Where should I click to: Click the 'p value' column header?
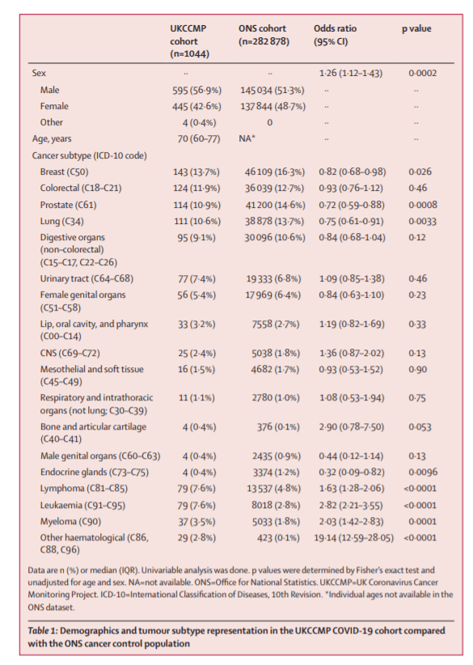click(x=416, y=29)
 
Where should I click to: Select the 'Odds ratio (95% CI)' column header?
click(x=335, y=36)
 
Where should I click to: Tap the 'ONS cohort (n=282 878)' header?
click(x=264, y=36)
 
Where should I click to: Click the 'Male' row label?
click(x=49, y=90)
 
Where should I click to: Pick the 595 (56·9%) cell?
click(x=196, y=91)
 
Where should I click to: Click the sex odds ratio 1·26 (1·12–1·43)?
click(x=351, y=74)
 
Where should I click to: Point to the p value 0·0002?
click(x=422, y=74)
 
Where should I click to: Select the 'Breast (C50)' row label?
click(x=64, y=172)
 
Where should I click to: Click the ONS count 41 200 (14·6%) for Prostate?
click(x=275, y=205)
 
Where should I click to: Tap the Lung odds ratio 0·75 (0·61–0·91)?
click(x=351, y=222)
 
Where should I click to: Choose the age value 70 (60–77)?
click(x=199, y=139)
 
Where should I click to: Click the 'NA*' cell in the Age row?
click(x=247, y=138)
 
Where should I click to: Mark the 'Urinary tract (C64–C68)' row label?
click(x=87, y=278)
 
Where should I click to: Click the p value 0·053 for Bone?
click(x=420, y=427)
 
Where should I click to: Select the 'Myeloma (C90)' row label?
click(x=70, y=521)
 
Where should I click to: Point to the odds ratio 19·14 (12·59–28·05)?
click(x=353, y=538)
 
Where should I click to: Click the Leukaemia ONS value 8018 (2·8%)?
click(x=276, y=505)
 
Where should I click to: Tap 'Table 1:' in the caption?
click(x=42, y=631)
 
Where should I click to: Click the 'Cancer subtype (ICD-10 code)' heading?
click(x=90, y=155)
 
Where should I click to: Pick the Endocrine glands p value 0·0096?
click(x=423, y=472)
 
